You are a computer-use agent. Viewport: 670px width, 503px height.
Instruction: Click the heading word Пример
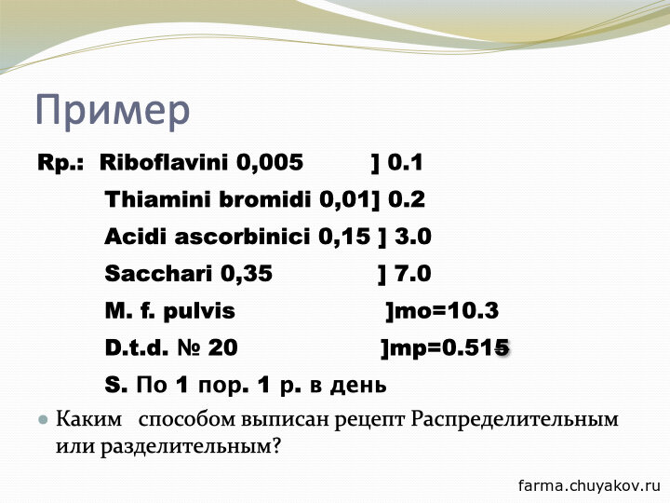click(x=113, y=111)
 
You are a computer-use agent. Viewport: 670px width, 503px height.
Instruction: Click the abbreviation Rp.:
click(x=60, y=163)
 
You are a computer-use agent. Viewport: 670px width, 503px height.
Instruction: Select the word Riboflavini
click(x=164, y=162)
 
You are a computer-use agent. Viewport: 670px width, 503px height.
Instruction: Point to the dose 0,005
click(x=270, y=163)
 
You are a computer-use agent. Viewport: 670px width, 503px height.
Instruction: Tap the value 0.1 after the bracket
click(x=405, y=162)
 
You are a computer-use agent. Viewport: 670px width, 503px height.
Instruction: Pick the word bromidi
click(x=265, y=199)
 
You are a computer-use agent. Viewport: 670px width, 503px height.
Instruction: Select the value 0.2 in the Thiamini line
click(x=407, y=199)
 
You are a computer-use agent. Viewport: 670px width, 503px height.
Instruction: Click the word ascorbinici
click(x=242, y=237)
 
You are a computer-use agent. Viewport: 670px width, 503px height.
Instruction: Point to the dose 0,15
click(x=344, y=238)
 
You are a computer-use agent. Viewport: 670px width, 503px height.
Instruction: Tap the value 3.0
click(x=413, y=237)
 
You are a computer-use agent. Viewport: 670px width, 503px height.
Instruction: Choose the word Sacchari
click(x=158, y=273)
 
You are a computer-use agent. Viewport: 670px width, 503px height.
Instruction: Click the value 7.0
click(x=413, y=274)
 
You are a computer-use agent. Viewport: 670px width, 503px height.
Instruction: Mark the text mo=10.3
click(x=447, y=311)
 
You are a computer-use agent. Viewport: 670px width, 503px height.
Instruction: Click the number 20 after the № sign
click(x=223, y=347)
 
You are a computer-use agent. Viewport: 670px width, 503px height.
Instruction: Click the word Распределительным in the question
click(x=515, y=419)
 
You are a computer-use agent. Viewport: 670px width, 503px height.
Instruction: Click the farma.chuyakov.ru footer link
click(x=590, y=485)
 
